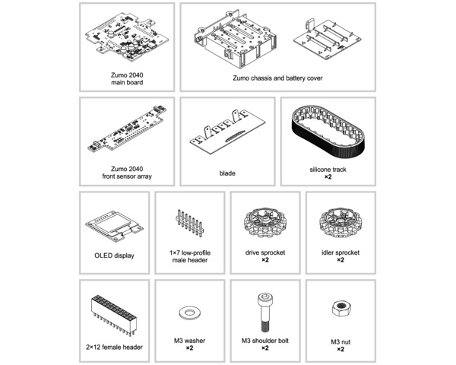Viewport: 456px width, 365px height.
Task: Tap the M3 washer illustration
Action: click(x=189, y=313)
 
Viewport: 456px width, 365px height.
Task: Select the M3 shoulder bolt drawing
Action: click(x=264, y=312)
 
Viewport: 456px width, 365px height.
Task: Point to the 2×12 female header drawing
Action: click(x=114, y=316)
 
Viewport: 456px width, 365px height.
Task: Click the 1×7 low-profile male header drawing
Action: click(x=189, y=224)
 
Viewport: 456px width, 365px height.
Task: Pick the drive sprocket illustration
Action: click(x=265, y=224)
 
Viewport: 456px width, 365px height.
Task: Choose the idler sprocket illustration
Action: click(x=340, y=224)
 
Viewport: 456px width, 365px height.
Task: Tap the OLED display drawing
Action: click(x=114, y=226)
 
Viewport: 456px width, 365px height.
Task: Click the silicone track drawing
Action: click(x=328, y=132)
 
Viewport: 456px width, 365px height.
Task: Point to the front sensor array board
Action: click(x=127, y=129)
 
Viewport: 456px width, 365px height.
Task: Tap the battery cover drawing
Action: click(x=328, y=40)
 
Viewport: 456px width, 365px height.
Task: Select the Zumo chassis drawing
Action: click(x=235, y=39)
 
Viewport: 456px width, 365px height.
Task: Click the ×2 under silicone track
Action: click(x=328, y=176)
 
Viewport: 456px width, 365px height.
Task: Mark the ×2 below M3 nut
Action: click(x=340, y=349)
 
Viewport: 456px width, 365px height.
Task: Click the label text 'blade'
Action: click(x=227, y=173)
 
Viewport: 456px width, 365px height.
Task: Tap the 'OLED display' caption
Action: click(x=114, y=255)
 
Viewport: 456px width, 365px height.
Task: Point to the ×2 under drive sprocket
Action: click(x=265, y=260)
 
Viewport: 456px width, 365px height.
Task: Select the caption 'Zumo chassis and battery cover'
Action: click(x=277, y=78)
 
